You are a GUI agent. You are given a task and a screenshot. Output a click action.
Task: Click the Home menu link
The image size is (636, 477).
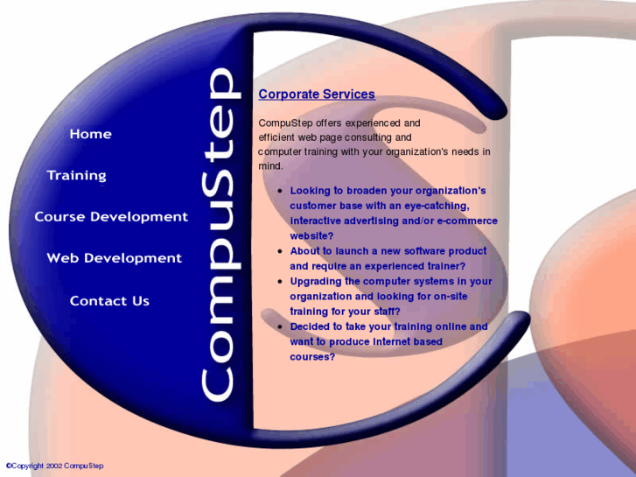[90, 134]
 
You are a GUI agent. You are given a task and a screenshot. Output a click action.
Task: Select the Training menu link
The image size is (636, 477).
[76, 175]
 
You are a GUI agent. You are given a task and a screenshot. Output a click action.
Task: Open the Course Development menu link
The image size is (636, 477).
[111, 216]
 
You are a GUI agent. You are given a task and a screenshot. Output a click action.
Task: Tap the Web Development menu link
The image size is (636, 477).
[114, 258]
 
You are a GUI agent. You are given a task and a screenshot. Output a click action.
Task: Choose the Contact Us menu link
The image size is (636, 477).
[109, 301]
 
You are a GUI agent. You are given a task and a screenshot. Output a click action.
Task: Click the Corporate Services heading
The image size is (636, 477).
[317, 95]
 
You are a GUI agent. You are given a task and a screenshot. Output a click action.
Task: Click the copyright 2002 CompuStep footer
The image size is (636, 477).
[54, 466]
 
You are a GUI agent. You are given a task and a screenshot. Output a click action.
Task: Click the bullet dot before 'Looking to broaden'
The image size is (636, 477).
[279, 191]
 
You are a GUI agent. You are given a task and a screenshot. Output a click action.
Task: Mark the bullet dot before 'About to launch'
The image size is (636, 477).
[279, 251]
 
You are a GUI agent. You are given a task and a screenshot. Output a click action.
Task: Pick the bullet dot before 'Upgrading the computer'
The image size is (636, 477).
[279, 282]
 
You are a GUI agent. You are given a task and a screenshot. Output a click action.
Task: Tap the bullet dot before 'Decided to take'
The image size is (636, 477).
[279, 327]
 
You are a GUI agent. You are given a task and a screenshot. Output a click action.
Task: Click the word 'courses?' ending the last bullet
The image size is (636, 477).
[312, 357]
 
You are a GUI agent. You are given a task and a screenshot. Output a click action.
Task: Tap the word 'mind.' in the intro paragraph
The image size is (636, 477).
[271, 165]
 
